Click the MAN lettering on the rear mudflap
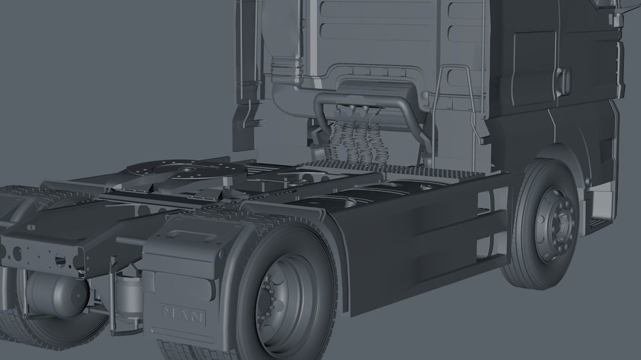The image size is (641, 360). [x=183, y=313]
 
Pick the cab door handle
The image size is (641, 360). [x=564, y=81]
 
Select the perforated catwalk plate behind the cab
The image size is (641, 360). [x=380, y=168]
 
